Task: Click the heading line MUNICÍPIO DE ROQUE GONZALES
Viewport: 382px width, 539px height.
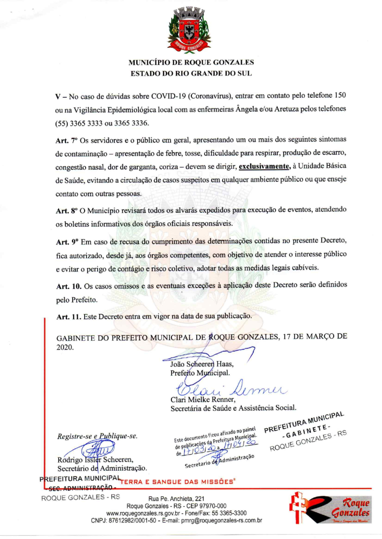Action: [x=191, y=62]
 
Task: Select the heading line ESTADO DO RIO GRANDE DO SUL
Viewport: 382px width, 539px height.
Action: [x=191, y=74]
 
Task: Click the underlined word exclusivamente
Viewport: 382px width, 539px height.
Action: [x=264, y=166]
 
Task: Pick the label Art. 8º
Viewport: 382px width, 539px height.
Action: [x=65, y=210]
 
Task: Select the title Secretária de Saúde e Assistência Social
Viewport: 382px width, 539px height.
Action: [x=233, y=408]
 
